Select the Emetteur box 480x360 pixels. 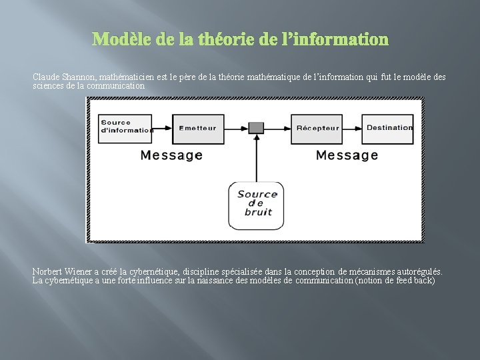click(198, 127)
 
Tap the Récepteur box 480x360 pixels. click(318, 127)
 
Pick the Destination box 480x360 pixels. click(389, 127)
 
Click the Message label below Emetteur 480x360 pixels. click(171, 155)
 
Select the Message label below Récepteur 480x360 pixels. click(347, 155)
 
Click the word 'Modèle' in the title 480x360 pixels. click(119, 40)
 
